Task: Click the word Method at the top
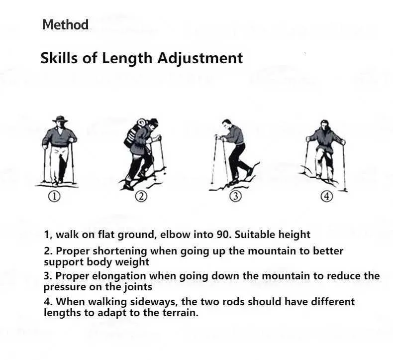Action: click(65, 24)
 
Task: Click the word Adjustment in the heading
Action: click(200, 59)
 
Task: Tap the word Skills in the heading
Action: click(59, 58)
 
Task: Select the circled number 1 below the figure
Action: click(54, 197)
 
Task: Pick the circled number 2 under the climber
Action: click(141, 197)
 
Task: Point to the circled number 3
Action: click(236, 197)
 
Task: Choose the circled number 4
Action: click(327, 197)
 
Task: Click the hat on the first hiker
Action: click(60, 119)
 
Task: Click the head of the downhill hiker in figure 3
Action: click(226, 124)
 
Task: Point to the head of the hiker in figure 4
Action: click(324, 125)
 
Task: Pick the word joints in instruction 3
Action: click(138, 287)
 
